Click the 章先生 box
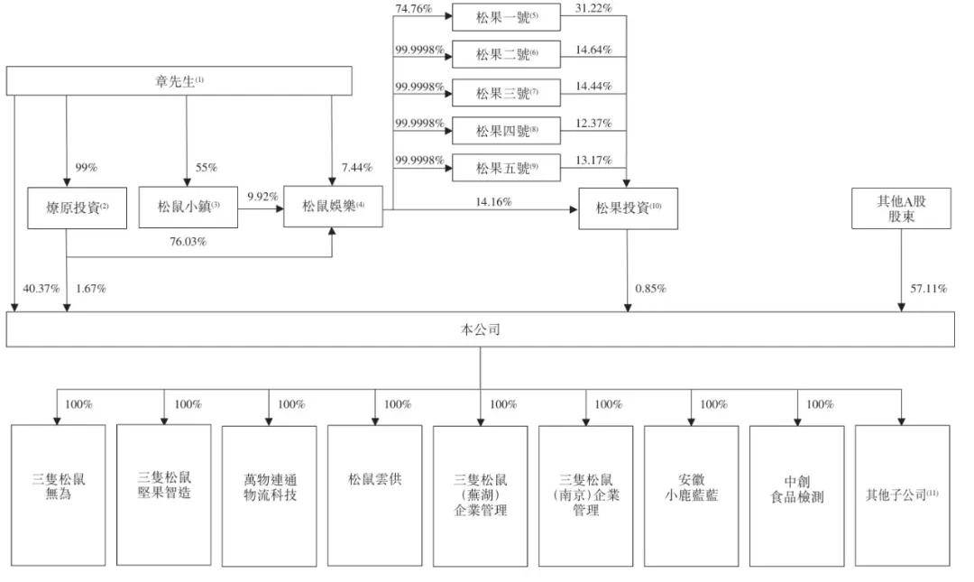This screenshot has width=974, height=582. click(x=179, y=81)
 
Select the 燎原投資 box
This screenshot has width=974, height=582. click(x=77, y=208)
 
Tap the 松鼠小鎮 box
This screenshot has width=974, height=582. click(x=188, y=207)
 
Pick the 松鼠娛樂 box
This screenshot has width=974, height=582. click(x=333, y=206)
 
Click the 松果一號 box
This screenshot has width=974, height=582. click(x=506, y=17)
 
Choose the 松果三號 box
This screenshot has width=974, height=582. click(x=506, y=93)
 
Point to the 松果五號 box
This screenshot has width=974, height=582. click(x=506, y=168)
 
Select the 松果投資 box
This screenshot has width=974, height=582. click(x=628, y=208)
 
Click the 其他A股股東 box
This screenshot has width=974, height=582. click(x=901, y=208)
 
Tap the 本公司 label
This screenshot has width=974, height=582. click(x=480, y=329)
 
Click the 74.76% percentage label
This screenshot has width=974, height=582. click(x=414, y=9)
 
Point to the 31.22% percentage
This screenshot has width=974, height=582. click(x=593, y=8)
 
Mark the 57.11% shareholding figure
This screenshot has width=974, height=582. click(x=929, y=289)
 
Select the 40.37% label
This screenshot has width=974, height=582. click(x=41, y=289)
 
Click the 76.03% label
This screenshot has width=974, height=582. click(x=188, y=241)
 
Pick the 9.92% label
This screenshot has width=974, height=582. click(x=262, y=197)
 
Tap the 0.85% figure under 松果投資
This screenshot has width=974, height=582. click(x=650, y=289)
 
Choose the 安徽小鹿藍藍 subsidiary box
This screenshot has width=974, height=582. click(x=692, y=495)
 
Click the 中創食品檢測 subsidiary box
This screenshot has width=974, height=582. click(x=797, y=495)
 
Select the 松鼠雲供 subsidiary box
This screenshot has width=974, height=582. click(x=375, y=495)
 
